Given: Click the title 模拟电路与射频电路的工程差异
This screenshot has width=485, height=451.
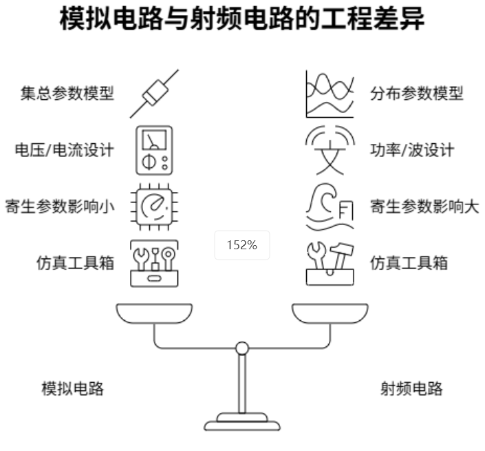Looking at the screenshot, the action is click(x=242, y=21).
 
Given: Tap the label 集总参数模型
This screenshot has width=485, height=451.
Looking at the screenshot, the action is click(x=67, y=93).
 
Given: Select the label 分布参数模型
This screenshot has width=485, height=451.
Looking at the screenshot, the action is click(x=417, y=93).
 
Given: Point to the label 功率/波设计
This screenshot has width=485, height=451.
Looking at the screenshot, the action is click(x=412, y=149).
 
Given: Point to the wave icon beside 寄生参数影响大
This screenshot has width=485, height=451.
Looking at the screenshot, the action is click(x=330, y=206).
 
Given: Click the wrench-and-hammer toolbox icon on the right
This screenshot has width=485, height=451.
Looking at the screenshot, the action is click(x=330, y=262).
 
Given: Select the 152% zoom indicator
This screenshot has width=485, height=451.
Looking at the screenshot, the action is click(x=241, y=244).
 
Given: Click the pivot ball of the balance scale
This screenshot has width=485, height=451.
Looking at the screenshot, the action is click(x=242, y=348).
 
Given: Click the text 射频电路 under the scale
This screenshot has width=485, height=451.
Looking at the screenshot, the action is click(x=411, y=388).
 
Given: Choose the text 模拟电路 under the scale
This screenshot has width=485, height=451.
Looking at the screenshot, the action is click(x=73, y=388).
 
